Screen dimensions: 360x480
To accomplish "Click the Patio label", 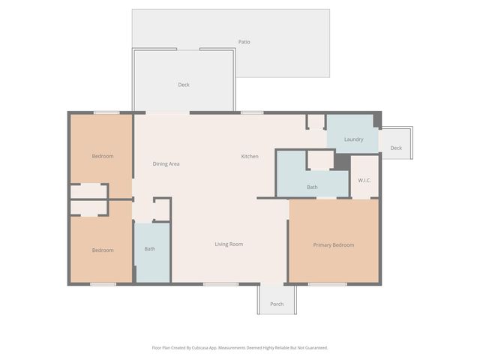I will point(244,42).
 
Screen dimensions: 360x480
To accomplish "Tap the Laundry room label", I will point(353,139).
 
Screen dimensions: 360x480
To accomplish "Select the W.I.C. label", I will point(364,180).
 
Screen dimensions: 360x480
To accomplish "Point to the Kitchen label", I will point(250,157).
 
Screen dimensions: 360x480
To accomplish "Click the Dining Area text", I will point(166,163).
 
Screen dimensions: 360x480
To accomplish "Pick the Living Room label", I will point(229,244).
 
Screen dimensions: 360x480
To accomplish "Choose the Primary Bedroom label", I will point(333,244).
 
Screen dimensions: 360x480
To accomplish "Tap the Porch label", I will point(277,304).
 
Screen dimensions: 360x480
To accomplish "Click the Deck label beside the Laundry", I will point(396,148).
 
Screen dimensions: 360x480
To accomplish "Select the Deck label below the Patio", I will point(184,85).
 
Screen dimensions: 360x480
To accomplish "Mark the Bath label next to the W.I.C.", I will point(312,187).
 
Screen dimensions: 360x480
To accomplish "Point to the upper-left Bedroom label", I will point(103,156).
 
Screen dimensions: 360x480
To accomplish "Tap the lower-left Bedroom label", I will point(103,250).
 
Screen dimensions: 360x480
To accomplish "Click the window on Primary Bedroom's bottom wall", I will point(327,283).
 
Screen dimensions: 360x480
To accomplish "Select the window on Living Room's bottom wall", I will point(220,283).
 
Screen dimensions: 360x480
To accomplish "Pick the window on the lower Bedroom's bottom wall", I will point(103,283).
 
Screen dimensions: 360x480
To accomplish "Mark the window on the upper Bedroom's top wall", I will point(106,112).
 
